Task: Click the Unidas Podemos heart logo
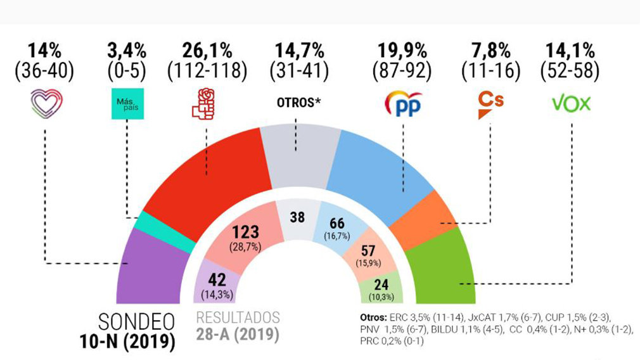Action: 46,102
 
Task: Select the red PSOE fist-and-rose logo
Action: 205,103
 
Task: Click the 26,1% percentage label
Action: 206,49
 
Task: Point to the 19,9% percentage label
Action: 404,49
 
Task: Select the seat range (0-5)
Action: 127,71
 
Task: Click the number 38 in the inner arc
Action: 297,217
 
